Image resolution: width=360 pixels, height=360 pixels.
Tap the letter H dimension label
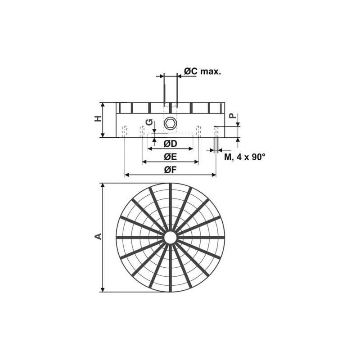97,119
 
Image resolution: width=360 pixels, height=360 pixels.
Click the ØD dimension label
170,144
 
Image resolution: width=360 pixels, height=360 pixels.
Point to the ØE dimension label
170,157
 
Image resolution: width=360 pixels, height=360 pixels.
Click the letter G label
150,123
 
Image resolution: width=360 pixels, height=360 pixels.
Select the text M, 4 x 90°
245,157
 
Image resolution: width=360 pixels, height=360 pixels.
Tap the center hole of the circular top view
170,237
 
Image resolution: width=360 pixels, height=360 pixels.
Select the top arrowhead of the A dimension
103,185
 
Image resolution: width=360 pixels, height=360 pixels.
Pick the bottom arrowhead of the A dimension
103,289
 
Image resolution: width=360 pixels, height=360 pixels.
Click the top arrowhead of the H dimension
103,105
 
